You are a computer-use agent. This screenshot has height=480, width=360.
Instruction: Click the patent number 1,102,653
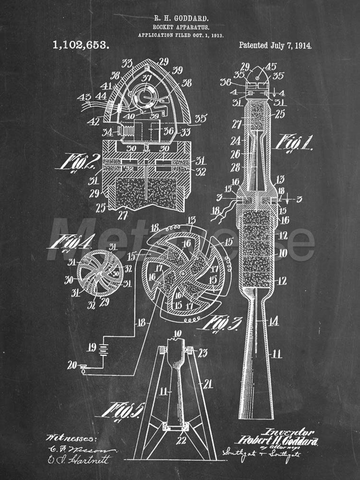(x=81, y=45)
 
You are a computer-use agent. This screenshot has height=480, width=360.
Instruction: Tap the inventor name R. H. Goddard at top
(x=180, y=18)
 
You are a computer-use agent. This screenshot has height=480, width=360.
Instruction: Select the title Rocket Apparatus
(x=180, y=27)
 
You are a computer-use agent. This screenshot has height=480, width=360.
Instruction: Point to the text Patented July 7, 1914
(x=275, y=45)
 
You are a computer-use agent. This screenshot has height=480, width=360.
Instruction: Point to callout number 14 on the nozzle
(x=274, y=321)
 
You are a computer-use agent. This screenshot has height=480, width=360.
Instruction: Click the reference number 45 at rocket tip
(x=271, y=67)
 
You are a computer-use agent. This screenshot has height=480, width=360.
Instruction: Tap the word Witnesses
(x=71, y=438)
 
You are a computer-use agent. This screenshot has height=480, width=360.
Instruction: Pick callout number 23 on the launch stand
(x=202, y=352)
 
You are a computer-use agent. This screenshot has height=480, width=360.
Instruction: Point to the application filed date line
(x=180, y=35)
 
